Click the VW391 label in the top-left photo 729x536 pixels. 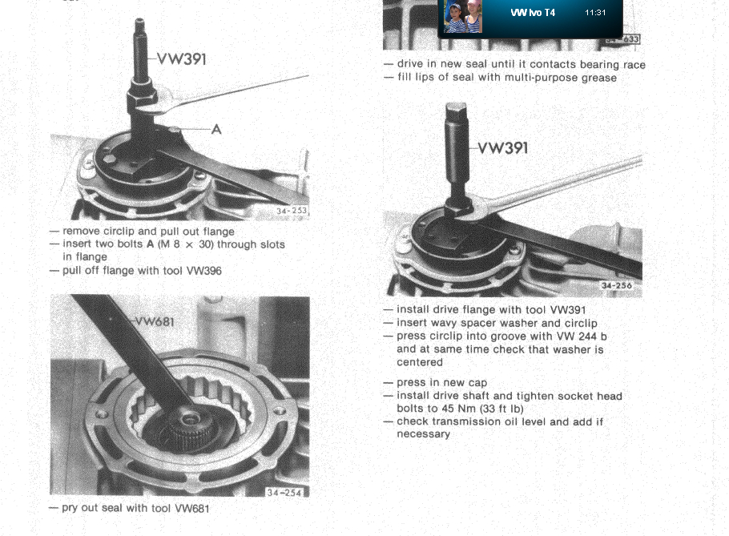tap(182, 59)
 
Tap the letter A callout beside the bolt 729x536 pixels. tap(216, 129)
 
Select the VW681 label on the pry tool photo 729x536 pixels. tap(155, 322)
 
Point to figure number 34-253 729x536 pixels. tap(292, 211)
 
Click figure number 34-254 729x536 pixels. tap(284, 492)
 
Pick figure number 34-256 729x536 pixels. tap(617, 285)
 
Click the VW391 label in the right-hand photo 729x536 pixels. tap(503, 148)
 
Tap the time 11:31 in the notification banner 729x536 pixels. tap(595, 13)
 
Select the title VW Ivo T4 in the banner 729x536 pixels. tap(533, 13)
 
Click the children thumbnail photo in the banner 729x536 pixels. tap(463, 16)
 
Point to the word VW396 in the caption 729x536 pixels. tap(204, 271)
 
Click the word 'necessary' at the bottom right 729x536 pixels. tap(423, 434)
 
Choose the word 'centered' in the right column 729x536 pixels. tap(419, 362)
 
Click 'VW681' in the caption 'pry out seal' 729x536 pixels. tap(192, 508)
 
